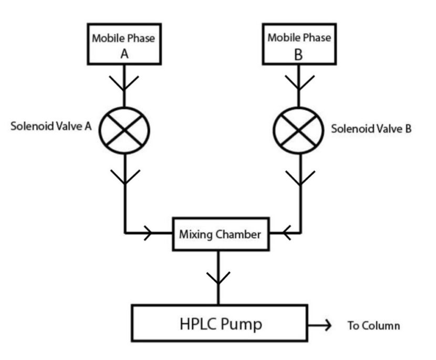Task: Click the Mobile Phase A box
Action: tap(124, 45)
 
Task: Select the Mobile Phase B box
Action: tap(299, 45)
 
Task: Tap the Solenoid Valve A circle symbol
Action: tap(124, 129)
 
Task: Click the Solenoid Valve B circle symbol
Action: tap(299, 129)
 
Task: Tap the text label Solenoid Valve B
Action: tap(370, 129)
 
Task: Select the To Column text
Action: tap(373, 326)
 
